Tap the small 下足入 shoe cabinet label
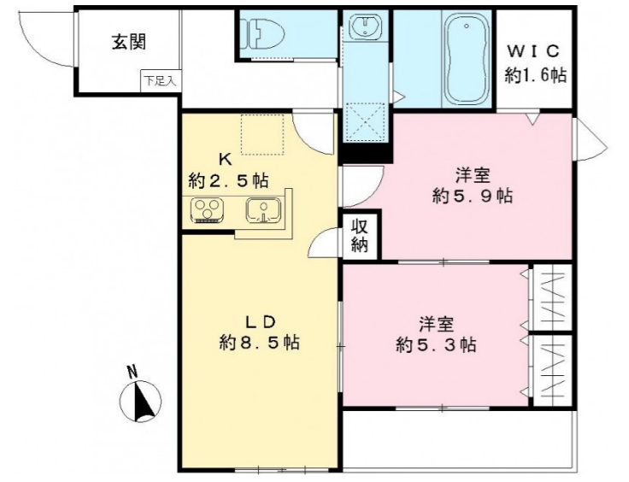pos(159,82)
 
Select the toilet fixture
pos(256,35)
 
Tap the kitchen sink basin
pos(262,210)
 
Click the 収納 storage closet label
pos(360,237)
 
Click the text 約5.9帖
pos(472,197)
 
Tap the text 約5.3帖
pos(436,345)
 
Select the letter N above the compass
pos(132,372)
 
